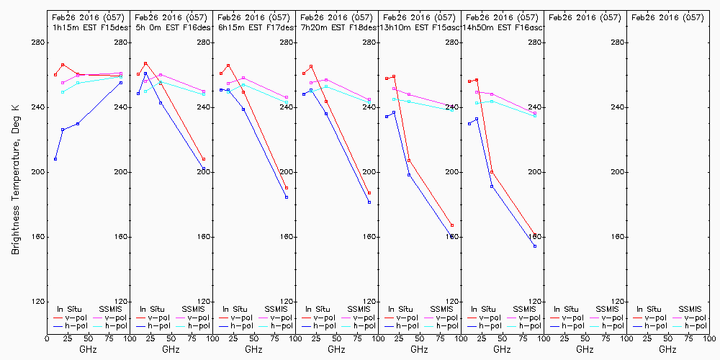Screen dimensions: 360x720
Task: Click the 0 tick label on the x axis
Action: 47,338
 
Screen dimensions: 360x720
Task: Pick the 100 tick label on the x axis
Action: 128,338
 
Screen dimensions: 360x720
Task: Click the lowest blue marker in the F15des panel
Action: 55,159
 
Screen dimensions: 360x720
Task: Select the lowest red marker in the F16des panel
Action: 204,159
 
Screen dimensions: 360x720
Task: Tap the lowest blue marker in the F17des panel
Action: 287,197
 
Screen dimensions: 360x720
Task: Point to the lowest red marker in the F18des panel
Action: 369,193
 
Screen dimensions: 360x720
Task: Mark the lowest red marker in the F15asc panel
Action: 452,225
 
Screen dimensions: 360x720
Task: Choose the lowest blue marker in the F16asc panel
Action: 535,246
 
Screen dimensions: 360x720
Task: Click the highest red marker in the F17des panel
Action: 228,66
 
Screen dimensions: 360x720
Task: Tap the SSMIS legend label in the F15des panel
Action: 111,309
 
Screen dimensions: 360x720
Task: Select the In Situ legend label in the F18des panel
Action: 319,309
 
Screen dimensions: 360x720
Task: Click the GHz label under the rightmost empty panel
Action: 667,349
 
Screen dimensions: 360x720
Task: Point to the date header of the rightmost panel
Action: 667,17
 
